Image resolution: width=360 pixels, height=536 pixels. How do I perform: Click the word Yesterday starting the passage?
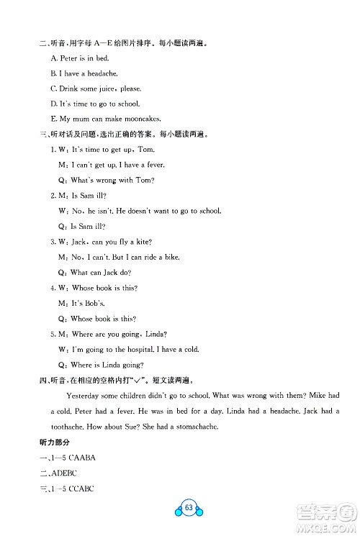pyautogui.click(x=83, y=396)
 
